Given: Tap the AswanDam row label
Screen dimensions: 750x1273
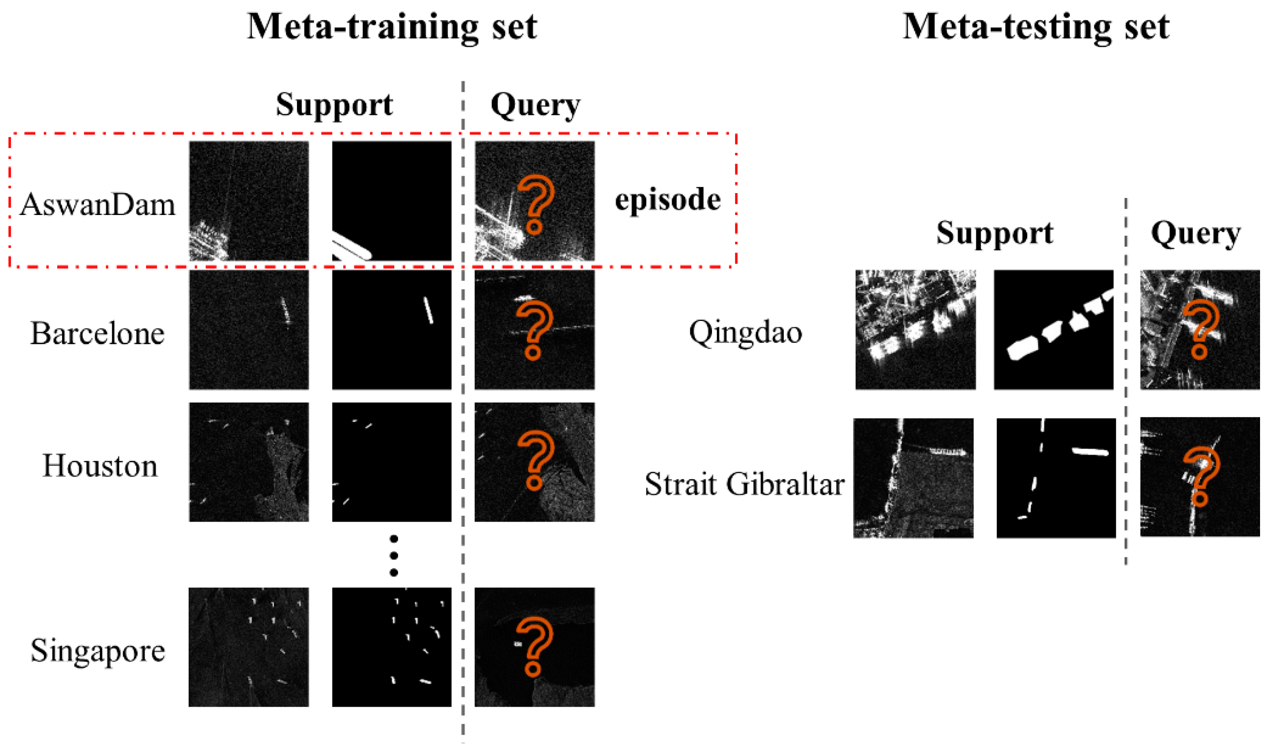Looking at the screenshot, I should click(x=97, y=205).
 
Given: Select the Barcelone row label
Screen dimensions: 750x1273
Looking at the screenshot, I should click(x=97, y=333).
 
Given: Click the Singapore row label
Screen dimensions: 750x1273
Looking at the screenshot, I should click(x=97, y=650).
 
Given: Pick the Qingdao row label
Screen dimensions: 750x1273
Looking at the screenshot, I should click(x=745, y=333).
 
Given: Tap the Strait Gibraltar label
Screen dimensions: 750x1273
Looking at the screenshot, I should click(x=745, y=484).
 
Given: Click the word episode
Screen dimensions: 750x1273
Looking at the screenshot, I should click(x=667, y=200).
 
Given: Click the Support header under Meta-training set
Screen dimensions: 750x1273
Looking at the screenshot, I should click(x=334, y=105).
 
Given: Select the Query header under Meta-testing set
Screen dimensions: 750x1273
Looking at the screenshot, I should click(x=1196, y=233).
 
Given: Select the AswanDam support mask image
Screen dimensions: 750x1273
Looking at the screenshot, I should click(x=391, y=201).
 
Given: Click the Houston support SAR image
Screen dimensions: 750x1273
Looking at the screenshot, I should click(x=248, y=462).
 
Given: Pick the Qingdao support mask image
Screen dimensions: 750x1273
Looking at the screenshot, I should click(x=1053, y=329).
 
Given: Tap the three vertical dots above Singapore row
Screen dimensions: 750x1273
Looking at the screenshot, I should click(x=394, y=556).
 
